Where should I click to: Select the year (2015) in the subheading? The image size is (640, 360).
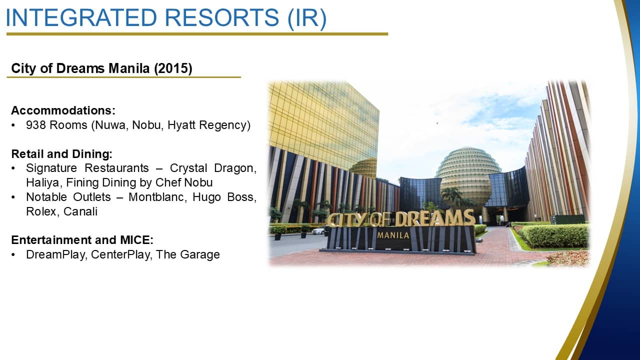pos(173,68)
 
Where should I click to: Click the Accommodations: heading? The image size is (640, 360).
pos(63,110)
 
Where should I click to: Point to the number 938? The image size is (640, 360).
pos(35,125)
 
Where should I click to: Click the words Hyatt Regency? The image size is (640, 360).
pos(209,125)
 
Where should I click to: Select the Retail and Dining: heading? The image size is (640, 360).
pos(61,154)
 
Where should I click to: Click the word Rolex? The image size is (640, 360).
pos(41,211)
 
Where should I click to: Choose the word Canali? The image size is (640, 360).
pos(80,211)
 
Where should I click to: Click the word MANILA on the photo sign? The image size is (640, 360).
pos(393,235)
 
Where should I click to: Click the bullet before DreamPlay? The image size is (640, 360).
pos(13,255)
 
